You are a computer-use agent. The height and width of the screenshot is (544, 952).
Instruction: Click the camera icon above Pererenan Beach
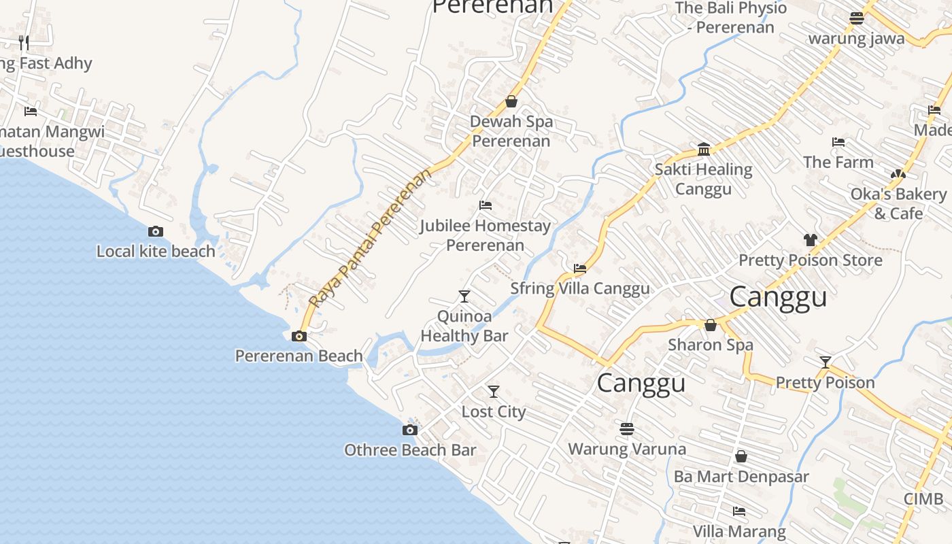pyautogui.click(x=299, y=336)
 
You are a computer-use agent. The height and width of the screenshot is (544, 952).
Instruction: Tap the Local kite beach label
pyautogui.click(x=156, y=251)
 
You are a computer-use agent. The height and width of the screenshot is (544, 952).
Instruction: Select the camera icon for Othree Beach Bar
pyautogui.click(x=409, y=430)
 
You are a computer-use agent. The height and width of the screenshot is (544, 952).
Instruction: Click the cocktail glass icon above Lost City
pyautogui.click(x=494, y=392)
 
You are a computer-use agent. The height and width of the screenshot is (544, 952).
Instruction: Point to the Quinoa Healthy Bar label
pyautogui.click(x=464, y=326)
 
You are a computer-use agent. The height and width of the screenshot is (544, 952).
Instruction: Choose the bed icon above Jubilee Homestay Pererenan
pyautogui.click(x=485, y=205)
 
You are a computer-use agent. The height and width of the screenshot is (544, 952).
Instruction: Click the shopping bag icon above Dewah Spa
pyautogui.click(x=511, y=101)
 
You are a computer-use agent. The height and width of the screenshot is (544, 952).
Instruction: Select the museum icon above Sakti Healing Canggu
pyautogui.click(x=704, y=150)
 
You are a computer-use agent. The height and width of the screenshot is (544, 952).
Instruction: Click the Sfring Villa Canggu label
pyautogui.click(x=580, y=288)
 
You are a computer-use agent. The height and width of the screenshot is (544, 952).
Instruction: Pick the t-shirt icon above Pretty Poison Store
pyautogui.click(x=810, y=239)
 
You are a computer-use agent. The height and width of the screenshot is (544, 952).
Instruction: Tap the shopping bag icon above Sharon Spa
pyautogui.click(x=711, y=325)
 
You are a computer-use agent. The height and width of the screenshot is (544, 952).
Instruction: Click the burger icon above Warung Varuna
pyautogui.click(x=627, y=429)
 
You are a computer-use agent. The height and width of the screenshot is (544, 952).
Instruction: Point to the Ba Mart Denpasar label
pyautogui.click(x=741, y=476)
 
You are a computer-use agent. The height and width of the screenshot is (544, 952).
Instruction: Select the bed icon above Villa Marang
pyautogui.click(x=739, y=511)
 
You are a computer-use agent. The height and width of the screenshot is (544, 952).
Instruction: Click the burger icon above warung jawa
pyautogui.click(x=856, y=18)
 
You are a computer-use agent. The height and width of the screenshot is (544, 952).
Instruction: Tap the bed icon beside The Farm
pyautogui.click(x=838, y=142)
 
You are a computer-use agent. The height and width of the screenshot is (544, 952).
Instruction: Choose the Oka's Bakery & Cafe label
pyautogui.click(x=898, y=203)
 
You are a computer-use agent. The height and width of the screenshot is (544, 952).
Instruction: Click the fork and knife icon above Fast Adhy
pyautogui.click(x=24, y=43)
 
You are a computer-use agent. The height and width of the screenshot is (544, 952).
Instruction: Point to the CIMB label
pyautogui.click(x=923, y=499)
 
